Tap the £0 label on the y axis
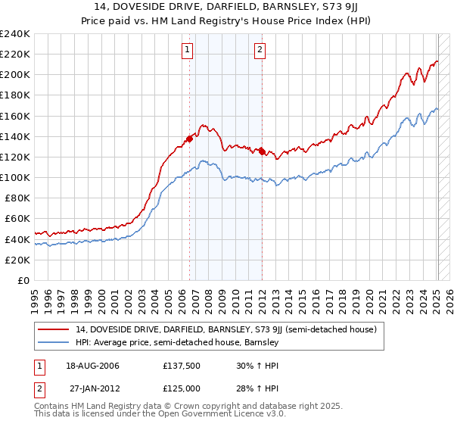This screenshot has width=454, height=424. pos(23,280)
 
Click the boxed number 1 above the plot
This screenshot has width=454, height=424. pos(187,51)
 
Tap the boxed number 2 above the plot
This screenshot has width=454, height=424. pos(260,51)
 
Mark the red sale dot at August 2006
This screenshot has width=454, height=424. pos(190,139)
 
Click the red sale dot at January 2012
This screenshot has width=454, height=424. pos(262,151)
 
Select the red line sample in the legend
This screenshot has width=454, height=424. pos(54,329)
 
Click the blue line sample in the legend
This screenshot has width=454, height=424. pos(54,342)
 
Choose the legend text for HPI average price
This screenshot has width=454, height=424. pos(178,342)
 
